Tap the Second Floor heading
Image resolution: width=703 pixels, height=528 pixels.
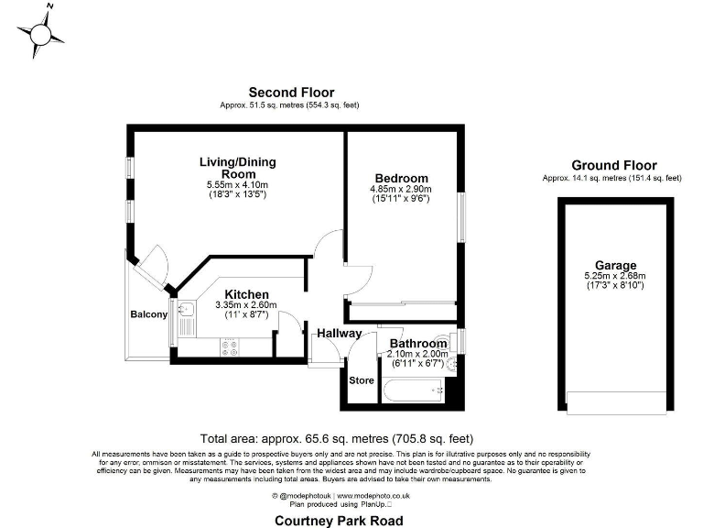click(x=291, y=93)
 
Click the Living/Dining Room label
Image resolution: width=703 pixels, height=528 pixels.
click(x=237, y=168)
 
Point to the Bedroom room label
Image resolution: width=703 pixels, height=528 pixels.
click(x=401, y=178)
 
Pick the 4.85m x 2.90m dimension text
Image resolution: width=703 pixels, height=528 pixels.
click(x=401, y=190)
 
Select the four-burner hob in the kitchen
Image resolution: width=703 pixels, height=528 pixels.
click(x=228, y=348)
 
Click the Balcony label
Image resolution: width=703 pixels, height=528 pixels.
click(x=148, y=314)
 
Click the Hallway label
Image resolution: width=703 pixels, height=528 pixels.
click(x=340, y=333)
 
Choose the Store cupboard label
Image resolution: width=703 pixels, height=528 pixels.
click(x=361, y=379)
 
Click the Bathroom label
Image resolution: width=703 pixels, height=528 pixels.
click(x=417, y=344)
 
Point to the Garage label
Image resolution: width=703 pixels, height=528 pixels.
click(x=614, y=265)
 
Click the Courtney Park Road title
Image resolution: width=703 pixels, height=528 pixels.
click(x=338, y=520)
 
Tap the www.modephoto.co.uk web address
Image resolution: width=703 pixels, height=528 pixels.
click(x=373, y=495)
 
